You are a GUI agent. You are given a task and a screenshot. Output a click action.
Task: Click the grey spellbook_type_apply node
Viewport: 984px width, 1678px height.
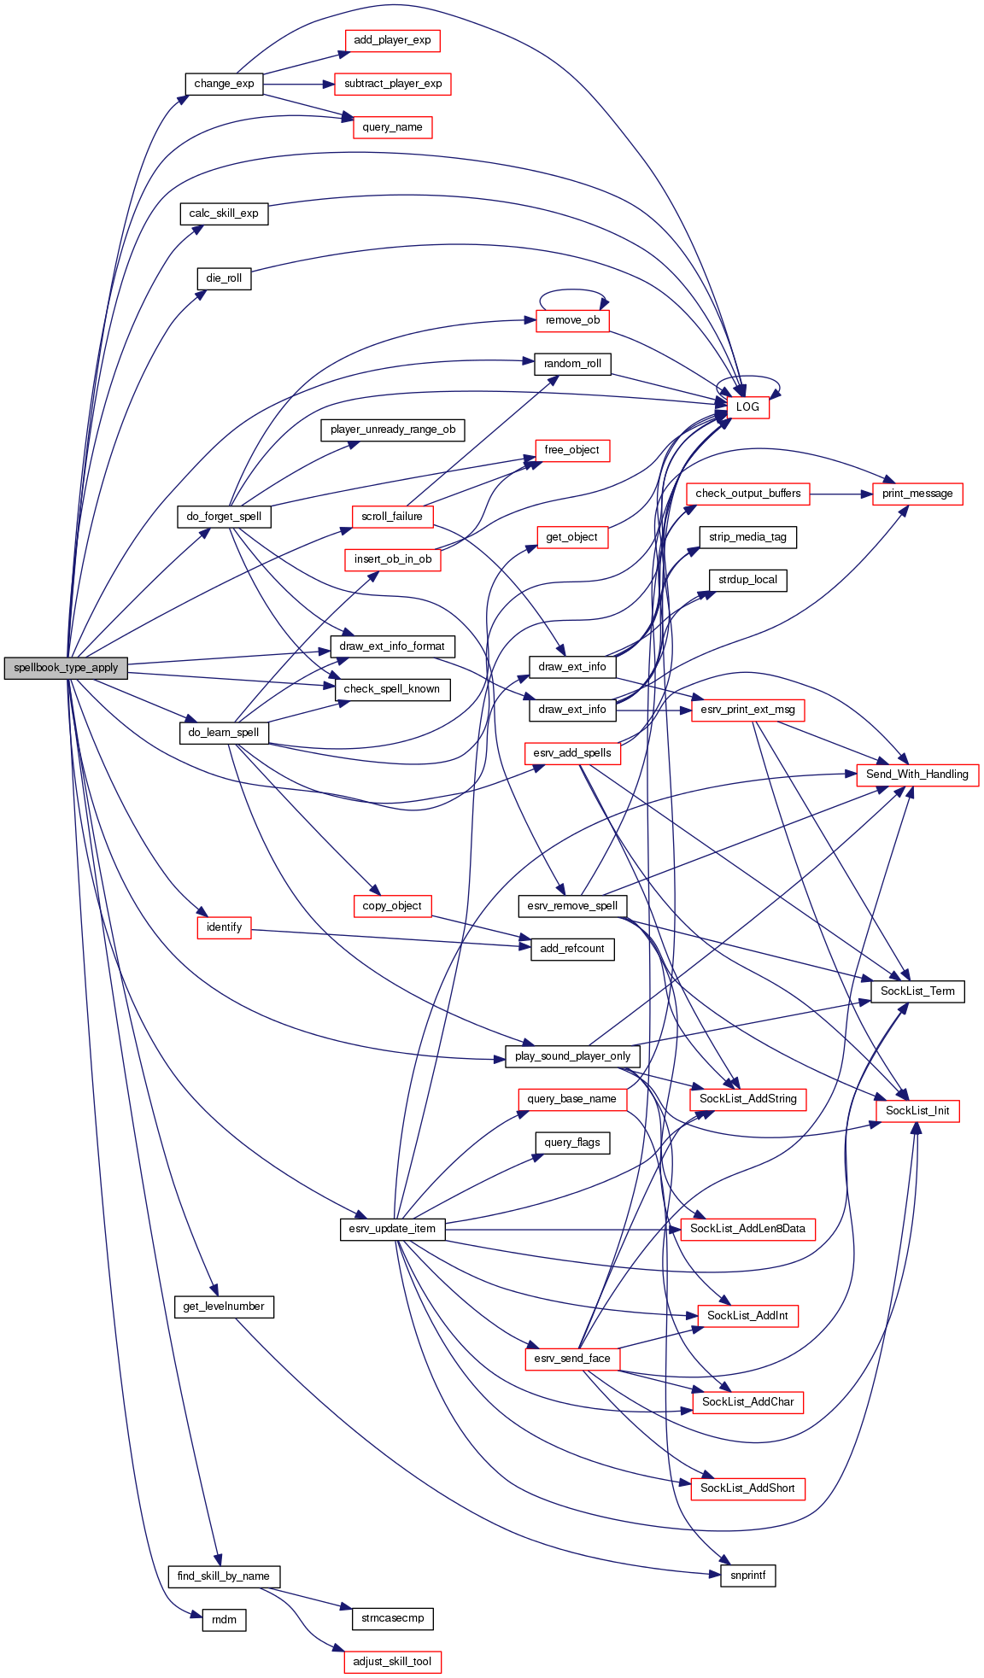coord(66,668)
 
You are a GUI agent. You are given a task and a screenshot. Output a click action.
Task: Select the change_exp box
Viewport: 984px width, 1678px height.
coord(224,84)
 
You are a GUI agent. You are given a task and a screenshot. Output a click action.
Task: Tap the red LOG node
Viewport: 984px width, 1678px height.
coord(747,407)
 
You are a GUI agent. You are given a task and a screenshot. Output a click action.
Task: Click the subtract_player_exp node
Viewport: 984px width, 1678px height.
coord(393,84)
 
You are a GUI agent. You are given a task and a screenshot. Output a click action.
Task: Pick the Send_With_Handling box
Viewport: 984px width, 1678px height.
coord(917,775)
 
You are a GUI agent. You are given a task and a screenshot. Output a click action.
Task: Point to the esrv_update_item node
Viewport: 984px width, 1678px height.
coord(392,1229)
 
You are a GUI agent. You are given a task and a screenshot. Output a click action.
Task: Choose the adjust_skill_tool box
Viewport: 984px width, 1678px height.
coord(393,1662)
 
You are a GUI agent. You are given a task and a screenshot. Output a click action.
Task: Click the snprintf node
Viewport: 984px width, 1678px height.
coord(748,1576)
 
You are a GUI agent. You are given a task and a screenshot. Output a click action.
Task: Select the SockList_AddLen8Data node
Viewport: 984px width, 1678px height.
coord(747,1229)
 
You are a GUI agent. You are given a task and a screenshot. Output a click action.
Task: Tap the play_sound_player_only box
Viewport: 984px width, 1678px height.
coord(572,1056)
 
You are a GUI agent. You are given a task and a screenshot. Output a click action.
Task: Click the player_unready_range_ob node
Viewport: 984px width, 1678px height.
coord(393,430)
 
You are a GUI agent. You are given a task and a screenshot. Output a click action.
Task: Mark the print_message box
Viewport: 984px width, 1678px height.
coord(917,494)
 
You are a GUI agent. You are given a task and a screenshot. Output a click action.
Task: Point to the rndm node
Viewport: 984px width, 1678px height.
coord(224,1620)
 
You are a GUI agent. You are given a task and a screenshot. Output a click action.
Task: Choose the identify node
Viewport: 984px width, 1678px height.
coord(224,927)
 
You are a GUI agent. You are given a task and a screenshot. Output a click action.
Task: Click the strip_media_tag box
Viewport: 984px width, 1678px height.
coord(747,537)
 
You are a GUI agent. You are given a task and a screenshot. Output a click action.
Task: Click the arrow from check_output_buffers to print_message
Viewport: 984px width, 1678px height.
coord(841,494)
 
